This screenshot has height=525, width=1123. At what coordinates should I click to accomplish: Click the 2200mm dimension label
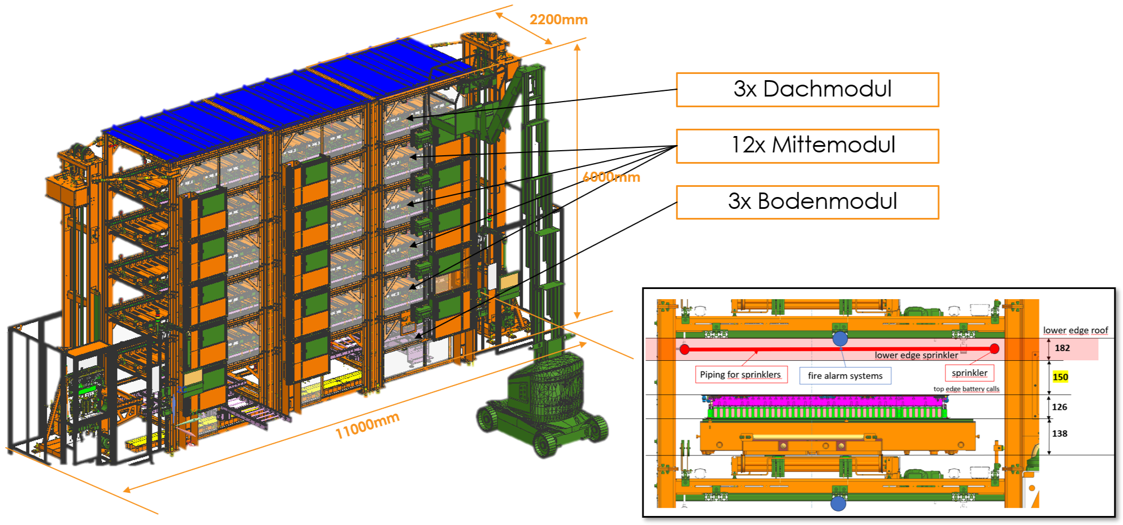[558, 20]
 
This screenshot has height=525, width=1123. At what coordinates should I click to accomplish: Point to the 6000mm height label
[611, 177]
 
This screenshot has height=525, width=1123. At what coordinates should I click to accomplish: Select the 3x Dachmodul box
[808, 90]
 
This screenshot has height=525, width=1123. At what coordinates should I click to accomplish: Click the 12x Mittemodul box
[808, 146]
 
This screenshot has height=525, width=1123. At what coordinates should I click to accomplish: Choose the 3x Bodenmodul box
[808, 202]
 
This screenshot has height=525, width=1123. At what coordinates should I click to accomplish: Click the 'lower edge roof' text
[1075, 330]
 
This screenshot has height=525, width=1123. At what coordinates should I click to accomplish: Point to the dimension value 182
[1062, 348]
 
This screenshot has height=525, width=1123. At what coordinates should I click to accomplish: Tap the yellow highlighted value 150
[1060, 377]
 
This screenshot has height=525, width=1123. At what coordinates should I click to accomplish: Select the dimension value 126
[1059, 407]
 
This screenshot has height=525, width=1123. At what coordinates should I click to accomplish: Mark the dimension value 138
[1059, 434]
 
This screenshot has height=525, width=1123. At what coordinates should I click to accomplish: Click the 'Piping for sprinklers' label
[740, 375]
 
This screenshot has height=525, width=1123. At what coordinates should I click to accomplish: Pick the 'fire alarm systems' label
[845, 376]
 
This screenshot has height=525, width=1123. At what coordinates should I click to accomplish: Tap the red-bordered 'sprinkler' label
[969, 373]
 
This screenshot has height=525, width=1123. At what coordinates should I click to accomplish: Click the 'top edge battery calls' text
[966, 389]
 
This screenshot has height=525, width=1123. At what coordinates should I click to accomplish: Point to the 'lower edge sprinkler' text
[916, 355]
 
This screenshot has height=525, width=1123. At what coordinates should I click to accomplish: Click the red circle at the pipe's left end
[684, 349]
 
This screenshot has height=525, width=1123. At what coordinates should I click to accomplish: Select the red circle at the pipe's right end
[994, 349]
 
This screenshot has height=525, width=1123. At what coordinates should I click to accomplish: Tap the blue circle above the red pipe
[840, 338]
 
